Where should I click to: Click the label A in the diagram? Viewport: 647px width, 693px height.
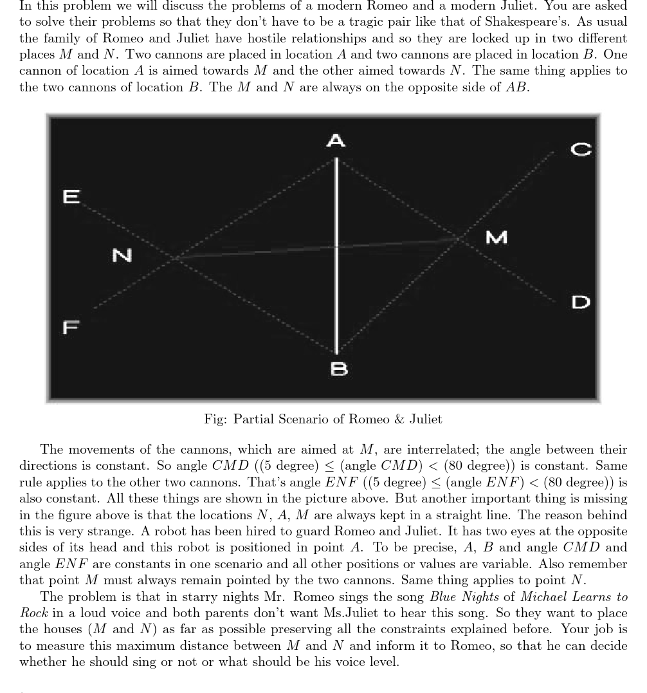pos(336,140)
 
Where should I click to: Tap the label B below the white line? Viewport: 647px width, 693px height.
pos(338,369)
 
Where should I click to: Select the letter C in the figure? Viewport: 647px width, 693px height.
pos(581,149)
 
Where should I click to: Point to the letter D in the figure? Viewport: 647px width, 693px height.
pos(581,302)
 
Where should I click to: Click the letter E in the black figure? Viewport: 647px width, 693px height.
pos(71,196)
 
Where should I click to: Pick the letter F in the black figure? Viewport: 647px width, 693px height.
pos(71,327)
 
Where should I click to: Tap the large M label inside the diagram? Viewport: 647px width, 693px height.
pos(496,237)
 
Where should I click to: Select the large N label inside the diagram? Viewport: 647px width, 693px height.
pos(122,255)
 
